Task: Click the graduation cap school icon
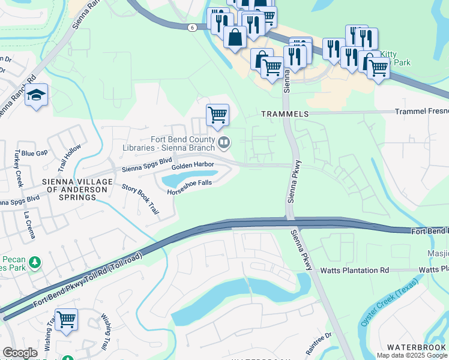[37, 95]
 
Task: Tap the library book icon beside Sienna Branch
[224, 142]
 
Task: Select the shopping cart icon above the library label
[217, 114]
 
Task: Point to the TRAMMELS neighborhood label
[285, 113]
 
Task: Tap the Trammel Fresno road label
[421, 112]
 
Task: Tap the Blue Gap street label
[34, 153]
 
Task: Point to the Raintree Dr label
[318, 344]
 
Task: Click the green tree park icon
[35, 262]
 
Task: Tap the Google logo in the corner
[20, 353]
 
